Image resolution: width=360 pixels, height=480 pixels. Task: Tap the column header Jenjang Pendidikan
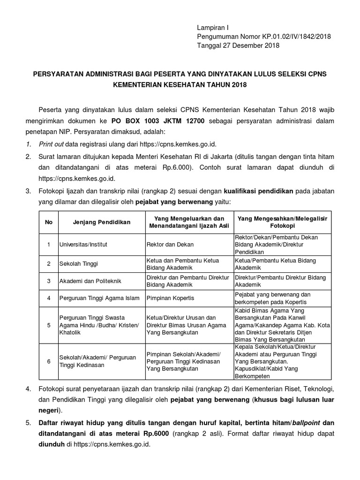tap(101, 222)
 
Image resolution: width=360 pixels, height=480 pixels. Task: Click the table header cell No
tap(48, 222)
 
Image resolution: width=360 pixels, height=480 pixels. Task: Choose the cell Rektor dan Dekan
tap(170, 245)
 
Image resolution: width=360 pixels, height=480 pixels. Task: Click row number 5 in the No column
tap(48, 325)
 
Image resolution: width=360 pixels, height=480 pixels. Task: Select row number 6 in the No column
tap(48, 361)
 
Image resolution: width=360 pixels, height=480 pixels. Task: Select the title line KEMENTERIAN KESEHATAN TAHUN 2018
tap(180, 85)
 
